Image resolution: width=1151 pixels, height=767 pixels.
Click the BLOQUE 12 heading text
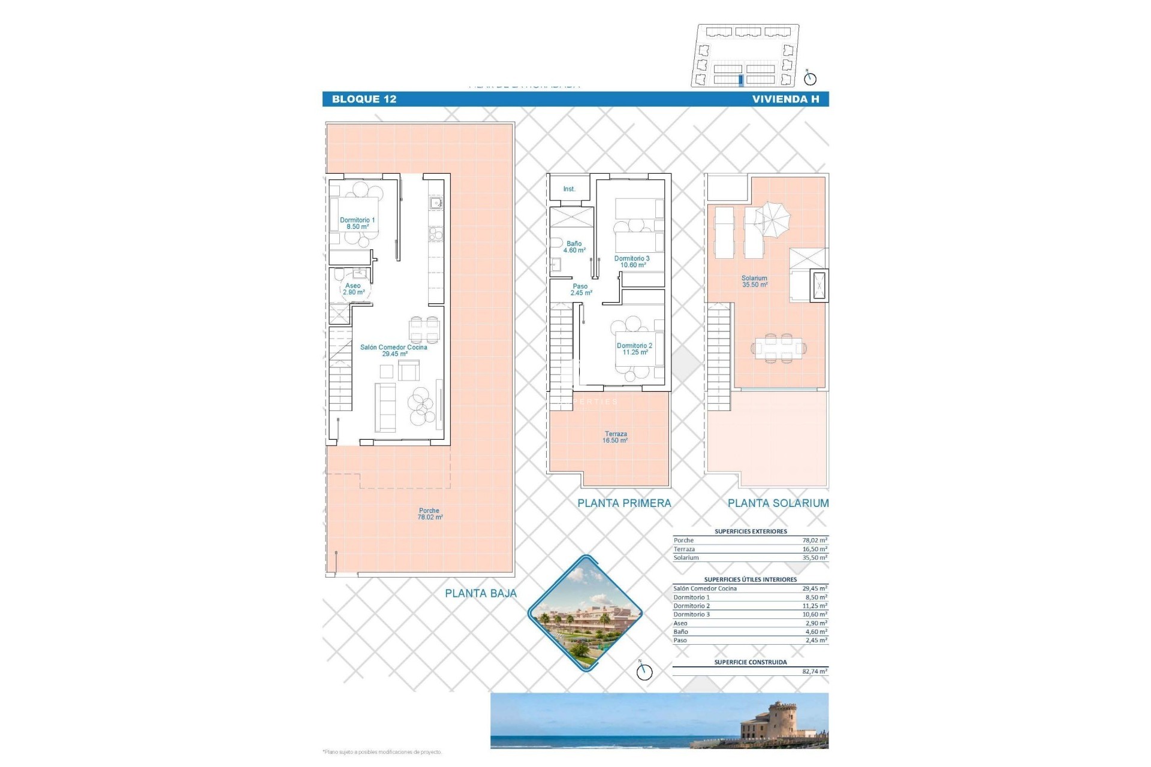tap(364, 99)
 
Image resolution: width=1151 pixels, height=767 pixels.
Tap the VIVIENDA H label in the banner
tap(785, 99)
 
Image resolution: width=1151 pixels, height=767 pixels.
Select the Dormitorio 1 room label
tap(357, 224)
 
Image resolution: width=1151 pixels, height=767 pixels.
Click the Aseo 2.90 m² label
tap(354, 289)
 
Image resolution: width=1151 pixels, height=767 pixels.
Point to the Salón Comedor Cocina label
tap(394, 351)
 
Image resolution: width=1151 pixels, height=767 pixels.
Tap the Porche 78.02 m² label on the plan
tap(430, 514)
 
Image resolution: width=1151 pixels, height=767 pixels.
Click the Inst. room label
tap(569, 189)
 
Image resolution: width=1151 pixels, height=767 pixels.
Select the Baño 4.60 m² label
tap(574, 247)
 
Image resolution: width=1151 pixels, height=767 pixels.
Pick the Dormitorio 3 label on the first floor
tap(632, 262)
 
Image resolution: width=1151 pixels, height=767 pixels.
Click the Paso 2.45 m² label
tap(580, 290)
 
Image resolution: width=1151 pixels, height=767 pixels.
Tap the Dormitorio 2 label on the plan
tap(634, 349)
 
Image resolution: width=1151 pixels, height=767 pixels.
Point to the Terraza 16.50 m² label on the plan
tap(616, 437)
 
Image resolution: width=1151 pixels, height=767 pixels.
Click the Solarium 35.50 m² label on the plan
tap(754, 282)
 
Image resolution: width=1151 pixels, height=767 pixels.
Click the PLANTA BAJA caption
tap(481, 593)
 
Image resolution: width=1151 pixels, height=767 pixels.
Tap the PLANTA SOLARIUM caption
tap(778, 503)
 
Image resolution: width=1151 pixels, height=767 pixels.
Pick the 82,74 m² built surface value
tap(814, 672)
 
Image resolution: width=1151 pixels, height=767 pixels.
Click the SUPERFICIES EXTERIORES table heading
tap(751, 532)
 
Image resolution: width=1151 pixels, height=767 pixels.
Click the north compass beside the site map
tap(810, 78)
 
